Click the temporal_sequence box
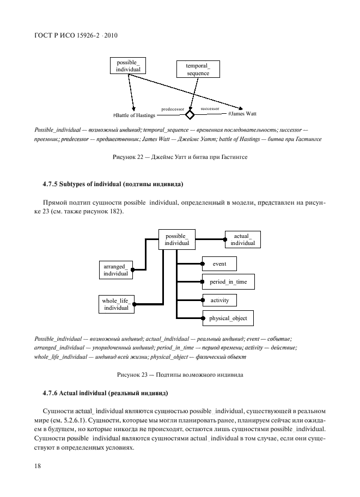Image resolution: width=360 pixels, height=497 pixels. pyautogui.click(x=193, y=70)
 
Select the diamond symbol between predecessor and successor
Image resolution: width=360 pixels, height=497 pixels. pyautogui.click(x=190, y=115)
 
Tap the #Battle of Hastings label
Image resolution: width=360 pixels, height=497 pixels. pyautogui.click(x=134, y=115)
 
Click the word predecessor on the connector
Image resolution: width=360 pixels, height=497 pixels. pyautogui.click(x=173, y=109)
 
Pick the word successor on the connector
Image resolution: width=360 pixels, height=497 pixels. pyautogui.click(x=210, y=109)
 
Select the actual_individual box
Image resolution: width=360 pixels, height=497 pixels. pyautogui.click(x=242, y=240)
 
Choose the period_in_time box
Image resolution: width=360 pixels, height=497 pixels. pyautogui.click(x=228, y=282)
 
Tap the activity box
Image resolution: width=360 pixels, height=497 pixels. pyautogui.click(x=219, y=300)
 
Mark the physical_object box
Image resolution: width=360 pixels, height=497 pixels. pyautogui.click(x=228, y=318)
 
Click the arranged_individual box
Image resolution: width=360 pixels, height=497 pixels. pyautogui.click(x=115, y=270)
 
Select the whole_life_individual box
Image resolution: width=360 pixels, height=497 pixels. pyautogui.click(x=115, y=304)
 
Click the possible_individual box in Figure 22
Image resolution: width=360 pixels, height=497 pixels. pyautogui.click(x=129, y=66)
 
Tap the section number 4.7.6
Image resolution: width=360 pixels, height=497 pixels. pyautogui.click(x=53, y=392)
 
